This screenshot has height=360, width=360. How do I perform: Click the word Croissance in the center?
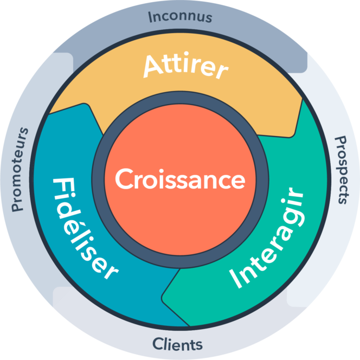[180, 179]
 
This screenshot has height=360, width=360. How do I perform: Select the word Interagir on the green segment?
[267, 238]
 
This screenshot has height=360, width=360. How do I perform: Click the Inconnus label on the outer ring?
[179, 16]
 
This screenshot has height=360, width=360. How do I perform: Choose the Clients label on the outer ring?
[177, 344]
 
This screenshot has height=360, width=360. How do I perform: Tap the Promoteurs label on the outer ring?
[20, 169]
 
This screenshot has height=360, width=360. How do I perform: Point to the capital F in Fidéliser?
[61, 187]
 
